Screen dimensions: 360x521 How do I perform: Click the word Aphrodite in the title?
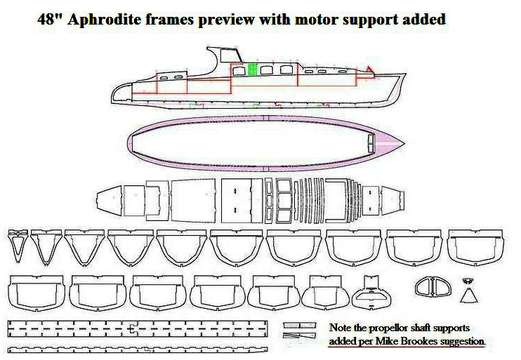(x=117, y=19)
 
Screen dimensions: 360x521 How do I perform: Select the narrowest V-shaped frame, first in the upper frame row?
(x=18, y=246)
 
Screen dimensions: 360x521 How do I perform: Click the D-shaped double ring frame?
(x=430, y=287)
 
